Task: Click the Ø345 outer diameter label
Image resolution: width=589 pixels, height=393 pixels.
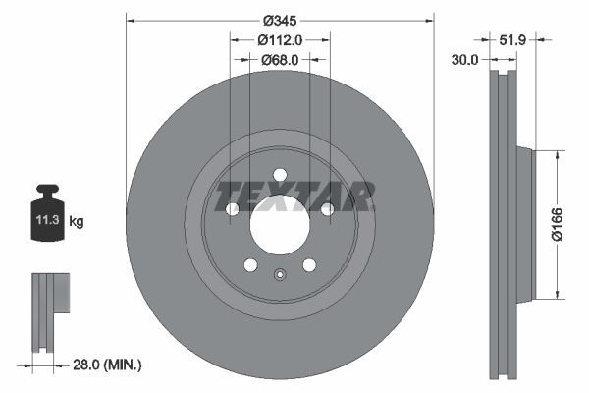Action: pyautogui.click(x=280, y=21)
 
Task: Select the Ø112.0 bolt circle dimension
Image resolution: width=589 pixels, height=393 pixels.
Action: pyautogui.click(x=280, y=40)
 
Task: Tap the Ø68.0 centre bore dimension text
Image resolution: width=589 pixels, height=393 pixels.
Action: pyautogui.click(x=280, y=60)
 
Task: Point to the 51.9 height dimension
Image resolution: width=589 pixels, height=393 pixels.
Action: pyautogui.click(x=513, y=40)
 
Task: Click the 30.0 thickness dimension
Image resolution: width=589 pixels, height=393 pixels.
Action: pyautogui.click(x=465, y=60)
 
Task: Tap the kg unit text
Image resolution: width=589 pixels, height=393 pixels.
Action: pyautogui.click(x=77, y=222)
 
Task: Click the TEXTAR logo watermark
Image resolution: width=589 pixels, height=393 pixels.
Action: pyautogui.click(x=294, y=196)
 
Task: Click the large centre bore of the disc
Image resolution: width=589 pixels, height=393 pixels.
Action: pyautogui.click(x=280, y=225)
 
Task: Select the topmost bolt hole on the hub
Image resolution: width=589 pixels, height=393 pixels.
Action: pyautogui.click(x=280, y=175)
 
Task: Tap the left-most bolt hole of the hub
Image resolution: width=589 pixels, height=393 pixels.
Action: pyautogui.click(x=233, y=209)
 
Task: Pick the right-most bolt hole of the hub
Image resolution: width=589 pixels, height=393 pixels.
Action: pyautogui.click(x=327, y=209)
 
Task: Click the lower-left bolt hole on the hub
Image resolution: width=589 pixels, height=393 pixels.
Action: pyautogui.click(x=250, y=265)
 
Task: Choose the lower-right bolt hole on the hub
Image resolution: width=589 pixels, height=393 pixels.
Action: pyautogui.click(x=309, y=265)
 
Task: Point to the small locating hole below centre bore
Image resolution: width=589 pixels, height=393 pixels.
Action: pyautogui.click(x=280, y=275)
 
